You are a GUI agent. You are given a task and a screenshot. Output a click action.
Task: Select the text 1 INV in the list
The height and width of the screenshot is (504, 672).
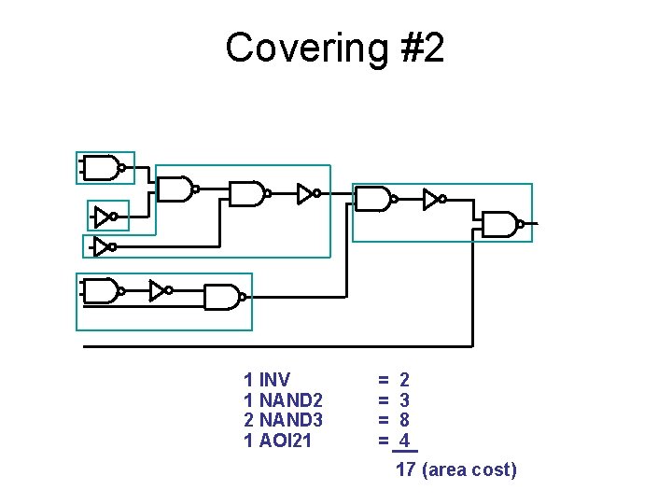(266, 380)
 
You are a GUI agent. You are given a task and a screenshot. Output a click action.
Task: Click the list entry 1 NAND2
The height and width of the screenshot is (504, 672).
(283, 400)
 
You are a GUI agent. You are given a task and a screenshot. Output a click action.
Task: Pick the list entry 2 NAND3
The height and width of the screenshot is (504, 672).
(283, 420)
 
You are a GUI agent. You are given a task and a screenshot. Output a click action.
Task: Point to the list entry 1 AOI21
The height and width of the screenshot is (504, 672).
(277, 441)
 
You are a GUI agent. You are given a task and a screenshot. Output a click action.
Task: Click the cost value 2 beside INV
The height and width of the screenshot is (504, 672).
(404, 380)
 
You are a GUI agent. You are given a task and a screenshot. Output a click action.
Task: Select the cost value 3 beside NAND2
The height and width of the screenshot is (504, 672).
(404, 400)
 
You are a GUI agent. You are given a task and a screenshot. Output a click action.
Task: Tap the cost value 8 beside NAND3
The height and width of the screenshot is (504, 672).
(404, 420)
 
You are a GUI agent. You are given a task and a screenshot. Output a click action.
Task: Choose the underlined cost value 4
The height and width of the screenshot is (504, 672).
(404, 441)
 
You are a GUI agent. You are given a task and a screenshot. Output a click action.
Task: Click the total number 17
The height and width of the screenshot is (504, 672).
(406, 469)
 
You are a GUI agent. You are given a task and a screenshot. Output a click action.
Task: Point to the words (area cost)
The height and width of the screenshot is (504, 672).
(469, 469)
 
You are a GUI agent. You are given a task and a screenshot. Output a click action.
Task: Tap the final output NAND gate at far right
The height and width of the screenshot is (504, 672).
(501, 224)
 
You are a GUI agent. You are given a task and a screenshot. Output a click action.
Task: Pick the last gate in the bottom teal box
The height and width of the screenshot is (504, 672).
(222, 297)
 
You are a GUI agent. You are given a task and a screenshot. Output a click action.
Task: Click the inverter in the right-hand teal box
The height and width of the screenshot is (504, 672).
(432, 199)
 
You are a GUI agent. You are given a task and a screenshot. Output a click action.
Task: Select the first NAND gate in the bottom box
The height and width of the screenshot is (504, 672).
(101, 291)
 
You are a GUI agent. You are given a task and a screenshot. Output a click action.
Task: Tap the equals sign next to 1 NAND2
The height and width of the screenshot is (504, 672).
(383, 400)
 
